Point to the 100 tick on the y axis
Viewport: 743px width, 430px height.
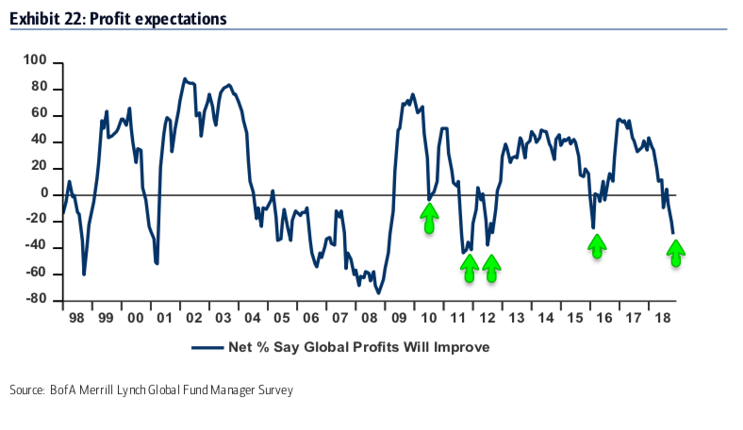[36, 61]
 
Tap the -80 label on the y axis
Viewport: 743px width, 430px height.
[36, 301]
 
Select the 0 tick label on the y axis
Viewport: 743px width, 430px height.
[43, 194]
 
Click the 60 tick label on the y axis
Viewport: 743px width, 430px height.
[40, 115]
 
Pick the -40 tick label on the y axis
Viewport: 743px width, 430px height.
[36, 247]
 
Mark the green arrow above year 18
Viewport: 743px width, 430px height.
[675, 252]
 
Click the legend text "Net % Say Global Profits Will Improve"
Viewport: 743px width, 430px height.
[359, 347]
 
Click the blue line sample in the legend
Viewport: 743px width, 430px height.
[207, 347]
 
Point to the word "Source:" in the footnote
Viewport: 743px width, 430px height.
[27, 390]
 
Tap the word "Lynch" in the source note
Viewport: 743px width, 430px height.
[139, 390]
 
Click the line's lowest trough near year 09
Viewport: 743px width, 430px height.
[379, 292]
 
